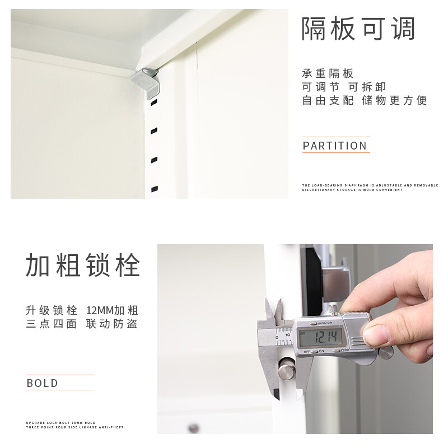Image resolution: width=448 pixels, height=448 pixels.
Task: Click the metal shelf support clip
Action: pos(147,82)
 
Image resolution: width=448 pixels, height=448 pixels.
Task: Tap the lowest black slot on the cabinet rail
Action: pos(155,189)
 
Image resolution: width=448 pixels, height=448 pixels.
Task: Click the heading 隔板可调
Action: pos(358,29)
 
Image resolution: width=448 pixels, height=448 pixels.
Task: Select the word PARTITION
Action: pos(335,146)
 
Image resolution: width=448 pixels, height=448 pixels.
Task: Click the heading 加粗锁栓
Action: pos(82,265)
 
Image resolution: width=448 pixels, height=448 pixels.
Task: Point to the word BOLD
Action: pos(43,383)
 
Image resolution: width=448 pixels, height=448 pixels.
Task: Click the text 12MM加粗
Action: pos(112,310)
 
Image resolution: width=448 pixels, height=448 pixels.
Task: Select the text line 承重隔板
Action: pos(328,74)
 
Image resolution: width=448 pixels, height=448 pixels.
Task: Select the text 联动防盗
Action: pos(112,324)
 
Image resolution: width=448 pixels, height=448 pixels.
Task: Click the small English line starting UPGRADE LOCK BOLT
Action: pos(60,422)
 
